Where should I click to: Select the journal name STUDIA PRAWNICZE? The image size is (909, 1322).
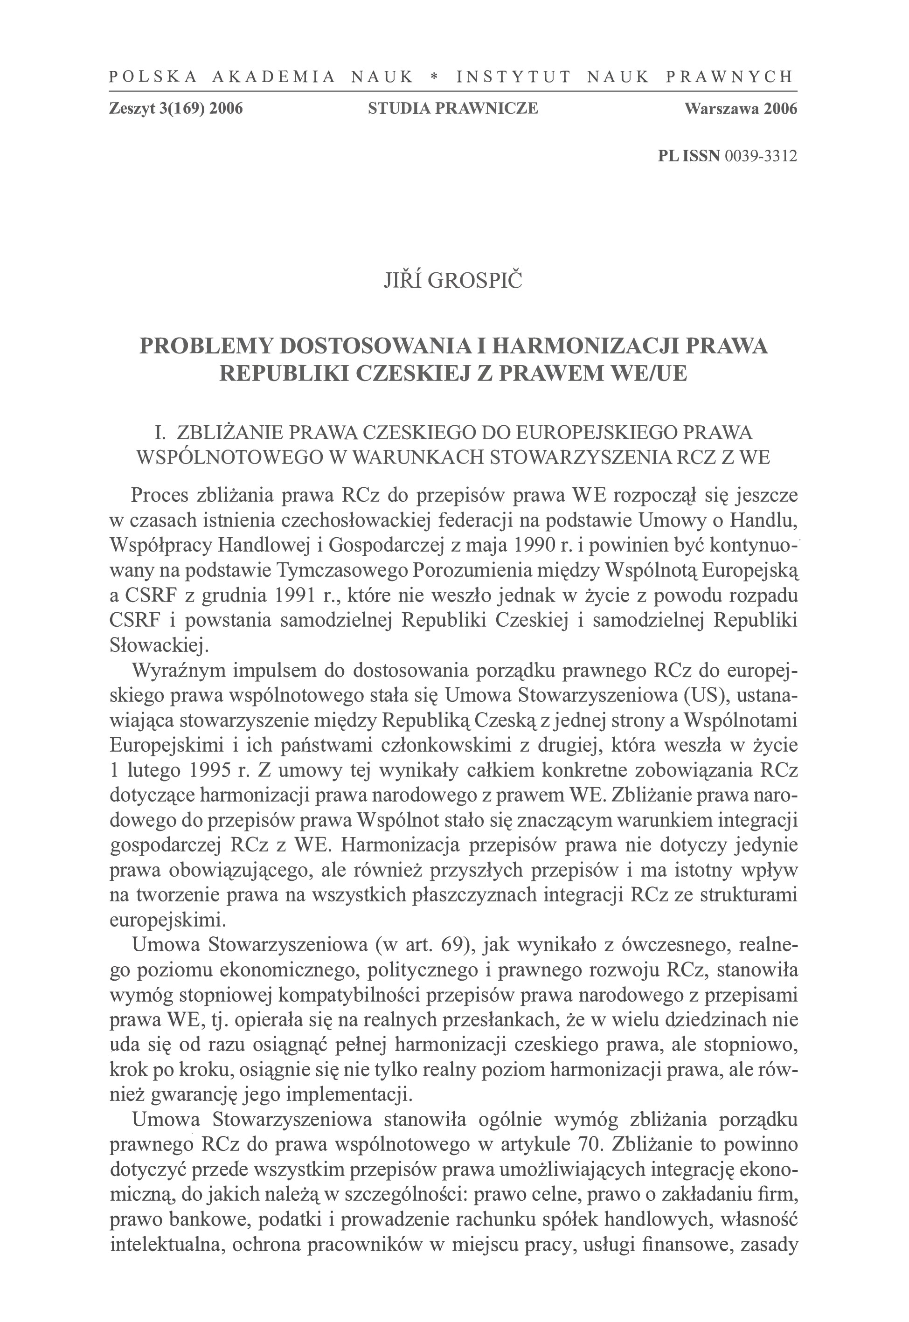453,108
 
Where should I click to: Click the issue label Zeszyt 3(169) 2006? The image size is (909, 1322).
176,108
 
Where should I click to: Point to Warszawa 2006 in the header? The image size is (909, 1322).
741,108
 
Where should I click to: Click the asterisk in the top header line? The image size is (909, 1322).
435,77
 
